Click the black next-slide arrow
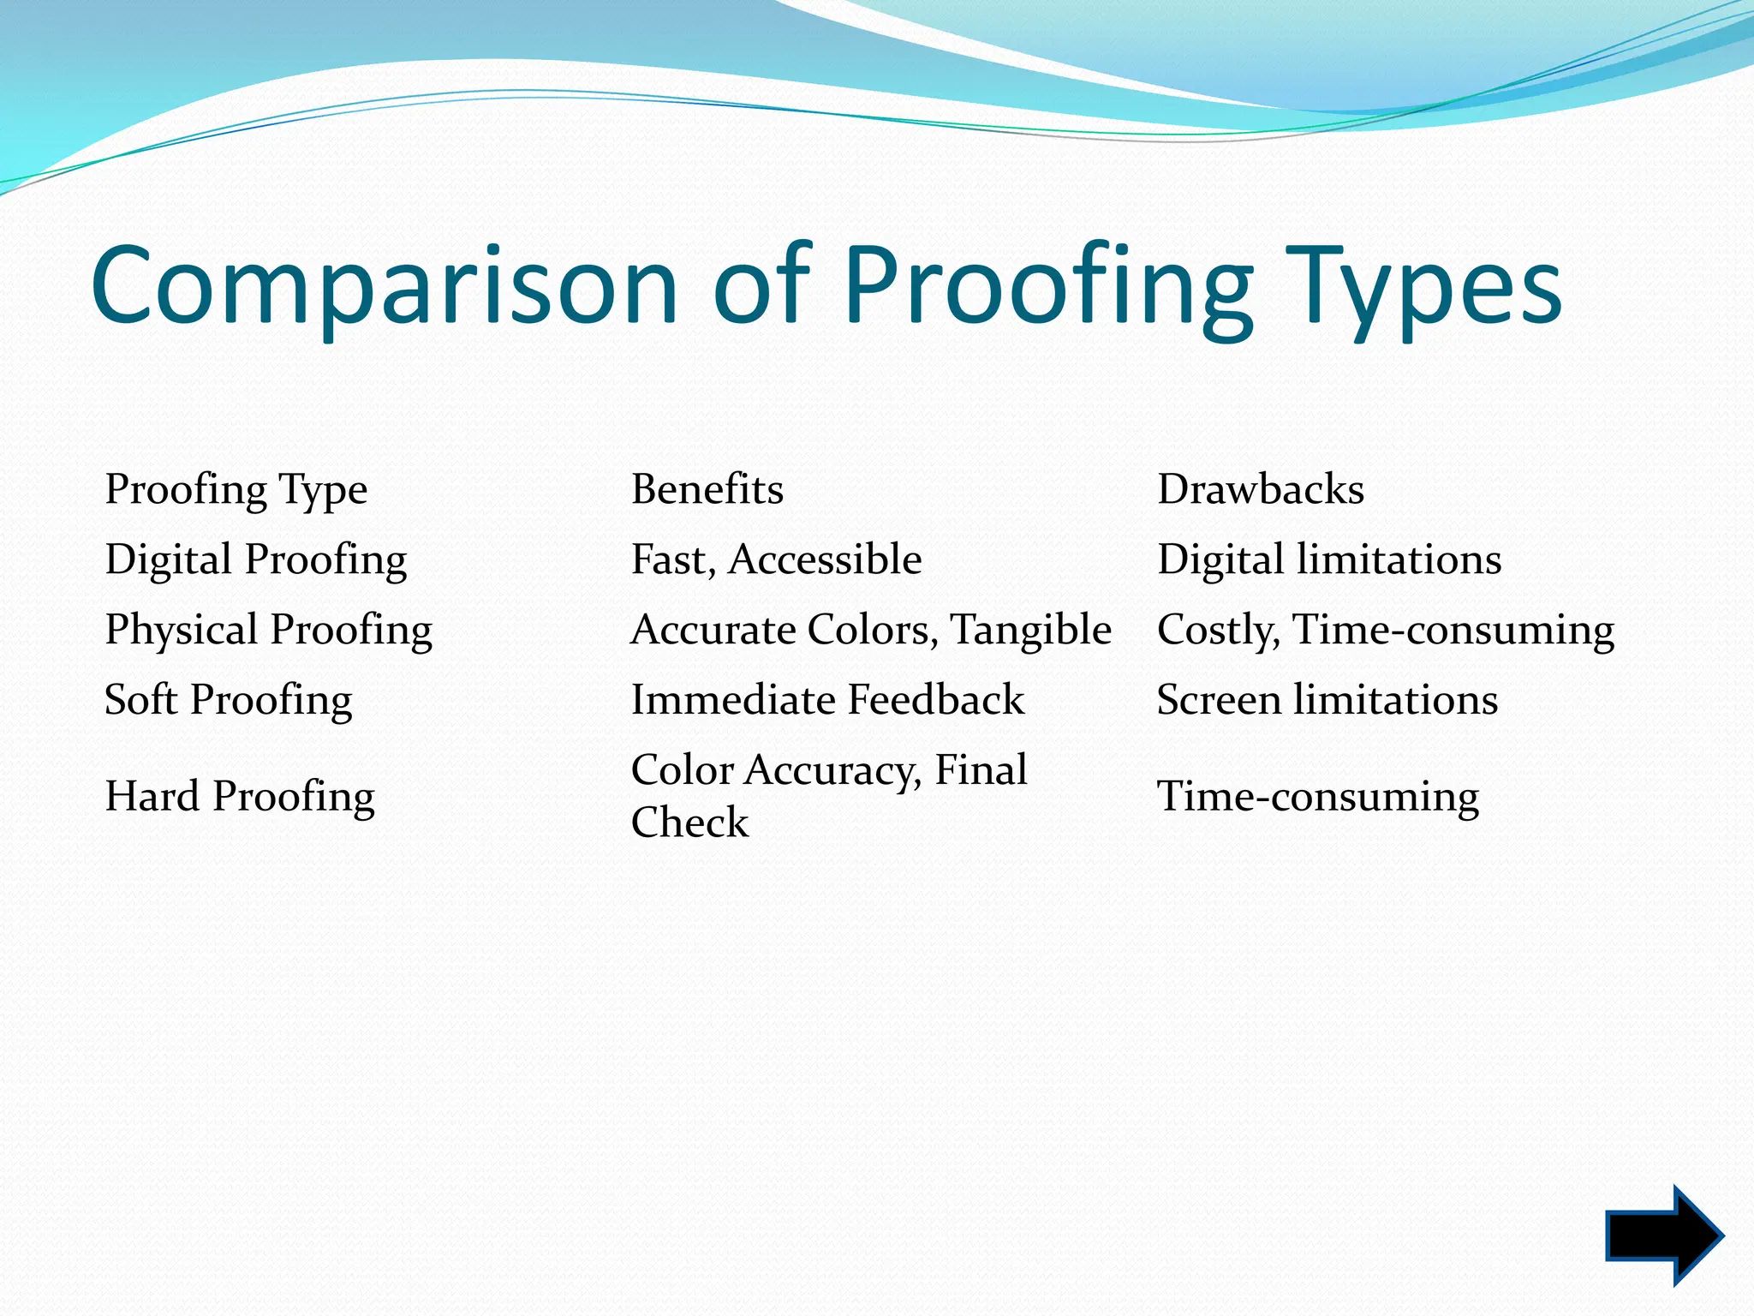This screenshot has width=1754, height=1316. tap(1662, 1235)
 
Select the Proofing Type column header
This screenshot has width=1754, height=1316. tap(236, 490)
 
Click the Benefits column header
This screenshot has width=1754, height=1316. tap(707, 490)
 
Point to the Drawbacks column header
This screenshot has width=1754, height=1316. tap(1260, 490)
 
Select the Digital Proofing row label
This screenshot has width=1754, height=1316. tap(255, 560)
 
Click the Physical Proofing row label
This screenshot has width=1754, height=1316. tap(268, 631)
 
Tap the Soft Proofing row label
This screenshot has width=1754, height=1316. tap(228, 701)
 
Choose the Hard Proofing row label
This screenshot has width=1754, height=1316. tap(240, 797)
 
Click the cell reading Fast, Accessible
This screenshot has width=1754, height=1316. tap(776, 560)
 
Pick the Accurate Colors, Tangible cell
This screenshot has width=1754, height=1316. tap(870, 631)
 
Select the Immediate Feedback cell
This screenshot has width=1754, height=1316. tap(827, 701)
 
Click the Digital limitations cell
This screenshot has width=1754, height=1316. tap(1328, 560)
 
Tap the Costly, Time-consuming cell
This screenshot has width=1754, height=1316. tap(1385, 631)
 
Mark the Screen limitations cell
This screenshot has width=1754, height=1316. tap(1327, 701)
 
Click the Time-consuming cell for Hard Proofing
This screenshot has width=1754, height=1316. tap(1317, 797)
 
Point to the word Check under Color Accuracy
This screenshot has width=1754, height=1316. tap(689, 823)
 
